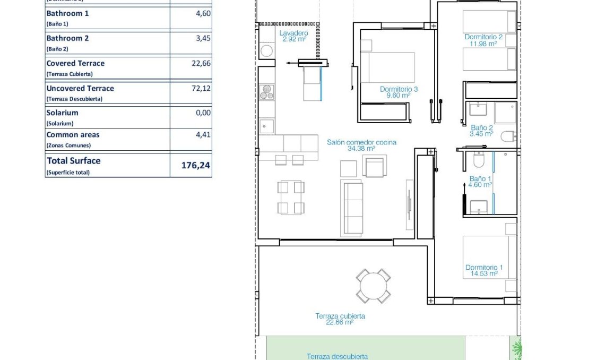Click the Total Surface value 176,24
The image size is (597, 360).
(195, 166)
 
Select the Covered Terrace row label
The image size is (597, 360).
(75, 63)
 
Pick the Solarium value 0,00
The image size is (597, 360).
(203, 113)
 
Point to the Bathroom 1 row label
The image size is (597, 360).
(67, 13)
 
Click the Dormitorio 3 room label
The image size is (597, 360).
(399, 90)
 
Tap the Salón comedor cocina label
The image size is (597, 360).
(361, 142)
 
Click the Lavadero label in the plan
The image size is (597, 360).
(293, 33)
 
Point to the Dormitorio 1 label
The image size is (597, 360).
(484, 268)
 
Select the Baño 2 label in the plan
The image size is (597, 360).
(481, 127)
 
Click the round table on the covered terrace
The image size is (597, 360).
(374, 286)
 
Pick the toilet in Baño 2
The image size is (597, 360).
(508, 136)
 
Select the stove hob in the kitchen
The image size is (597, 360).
(266, 92)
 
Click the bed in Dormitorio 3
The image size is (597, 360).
(387, 67)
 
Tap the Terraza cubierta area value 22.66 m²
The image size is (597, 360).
(340, 322)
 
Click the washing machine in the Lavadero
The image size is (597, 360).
(266, 52)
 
